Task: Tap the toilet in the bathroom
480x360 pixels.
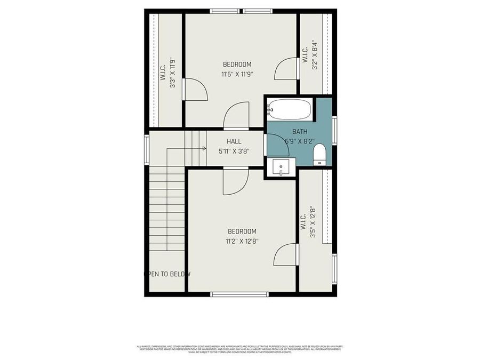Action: click(x=319, y=155)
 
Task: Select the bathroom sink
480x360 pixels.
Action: click(x=281, y=167)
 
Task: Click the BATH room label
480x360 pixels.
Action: click(x=300, y=131)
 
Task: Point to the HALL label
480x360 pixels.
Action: click(x=234, y=141)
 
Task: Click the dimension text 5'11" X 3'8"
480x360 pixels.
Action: click(x=234, y=151)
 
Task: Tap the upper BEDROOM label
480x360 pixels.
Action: click(x=237, y=65)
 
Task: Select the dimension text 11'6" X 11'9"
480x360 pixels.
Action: click(x=237, y=74)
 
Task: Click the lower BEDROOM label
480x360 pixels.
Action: click(x=242, y=231)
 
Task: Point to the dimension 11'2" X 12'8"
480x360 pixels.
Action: click(x=242, y=241)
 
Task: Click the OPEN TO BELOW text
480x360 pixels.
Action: click(x=167, y=274)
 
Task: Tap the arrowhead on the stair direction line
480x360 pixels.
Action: click(x=204, y=148)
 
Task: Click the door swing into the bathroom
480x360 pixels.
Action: click(x=275, y=145)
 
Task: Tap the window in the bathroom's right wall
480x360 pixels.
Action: click(x=334, y=130)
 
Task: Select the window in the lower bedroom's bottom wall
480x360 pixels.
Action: click(x=239, y=294)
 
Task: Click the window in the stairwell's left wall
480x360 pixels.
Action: click(x=147, y=150)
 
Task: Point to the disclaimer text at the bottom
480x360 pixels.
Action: click(x=240, y=349)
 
